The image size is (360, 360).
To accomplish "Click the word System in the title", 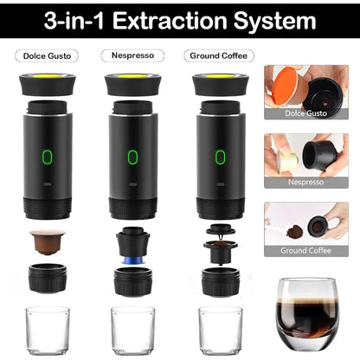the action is point(275,21).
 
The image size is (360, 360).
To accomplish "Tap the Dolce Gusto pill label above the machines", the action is point(47,55).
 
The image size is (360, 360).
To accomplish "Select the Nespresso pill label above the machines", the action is point(132,55).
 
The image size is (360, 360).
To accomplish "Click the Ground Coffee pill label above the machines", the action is point(219,55).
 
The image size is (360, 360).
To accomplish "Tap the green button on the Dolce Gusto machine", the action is point(48,157).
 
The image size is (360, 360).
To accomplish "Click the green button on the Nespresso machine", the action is point(132,157).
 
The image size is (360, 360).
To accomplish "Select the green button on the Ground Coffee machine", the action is point(221,157).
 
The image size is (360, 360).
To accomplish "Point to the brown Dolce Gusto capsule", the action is point(48,241).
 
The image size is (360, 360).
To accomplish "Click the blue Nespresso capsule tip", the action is point(133,260).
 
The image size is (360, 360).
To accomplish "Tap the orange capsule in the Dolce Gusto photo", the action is point(285,85).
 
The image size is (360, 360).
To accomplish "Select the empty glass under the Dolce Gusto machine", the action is point(48,331).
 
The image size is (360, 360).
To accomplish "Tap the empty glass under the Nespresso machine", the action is point(133,331).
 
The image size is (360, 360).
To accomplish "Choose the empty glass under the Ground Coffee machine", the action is point(221,331).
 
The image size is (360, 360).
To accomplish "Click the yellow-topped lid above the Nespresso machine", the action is point(133,85).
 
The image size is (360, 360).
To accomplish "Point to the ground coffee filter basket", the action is point(221,252).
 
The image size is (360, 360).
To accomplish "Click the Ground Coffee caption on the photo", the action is point(305,250).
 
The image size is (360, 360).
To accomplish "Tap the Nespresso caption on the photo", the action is point(305,182).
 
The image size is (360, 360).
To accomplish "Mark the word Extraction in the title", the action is point(170,21).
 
